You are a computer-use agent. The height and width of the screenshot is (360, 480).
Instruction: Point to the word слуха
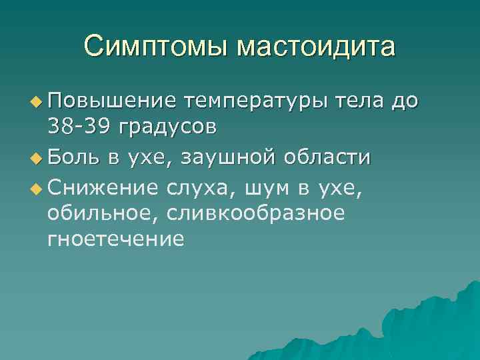pos(201,190)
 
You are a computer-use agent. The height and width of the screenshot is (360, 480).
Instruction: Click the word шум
pos(267,190)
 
